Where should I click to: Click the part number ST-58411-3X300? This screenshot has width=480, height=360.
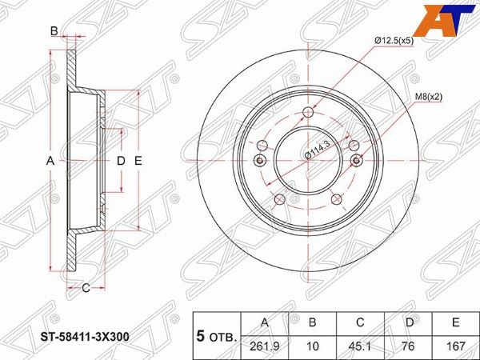85,337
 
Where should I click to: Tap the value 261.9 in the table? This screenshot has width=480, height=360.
265,346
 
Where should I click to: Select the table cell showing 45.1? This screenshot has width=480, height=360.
360,346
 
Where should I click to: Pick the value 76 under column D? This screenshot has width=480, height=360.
408,346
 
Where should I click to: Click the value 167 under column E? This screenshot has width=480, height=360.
455,346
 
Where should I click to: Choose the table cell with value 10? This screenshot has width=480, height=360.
312,346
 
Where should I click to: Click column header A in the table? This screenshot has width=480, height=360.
265,322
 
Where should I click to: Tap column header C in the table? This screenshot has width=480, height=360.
360,322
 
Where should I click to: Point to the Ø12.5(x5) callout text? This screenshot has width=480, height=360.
394,41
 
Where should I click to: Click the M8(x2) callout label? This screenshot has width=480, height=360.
429,97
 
